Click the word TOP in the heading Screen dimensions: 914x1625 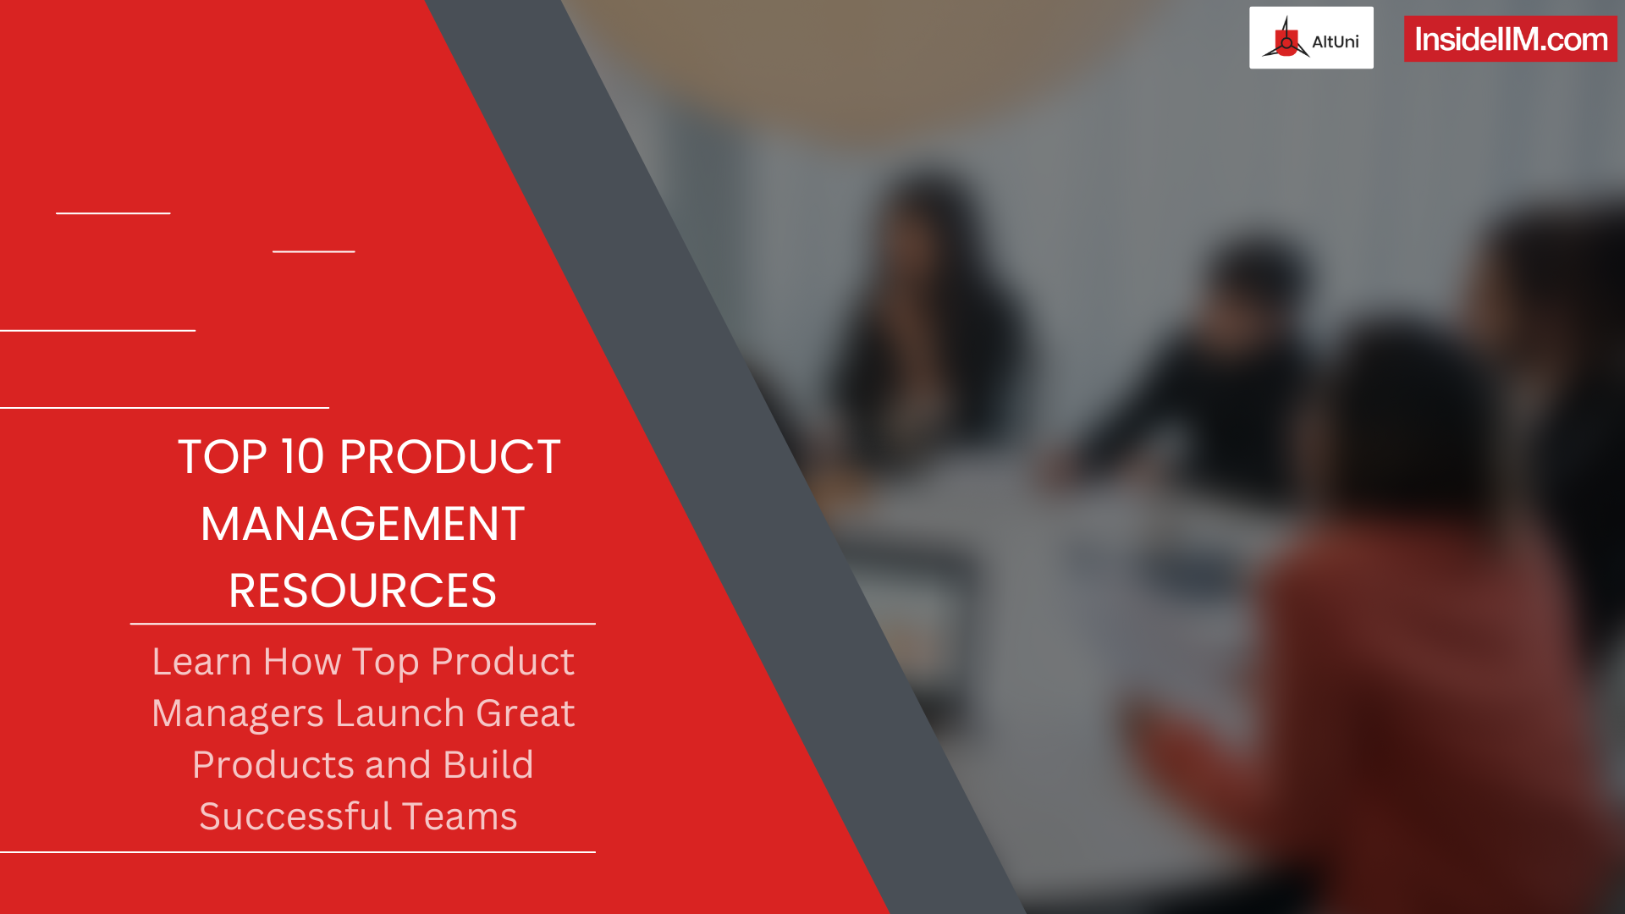[x=222, y=458]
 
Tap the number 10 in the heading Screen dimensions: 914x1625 [x=302, y=458]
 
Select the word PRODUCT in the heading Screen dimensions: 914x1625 [x=449, y=458]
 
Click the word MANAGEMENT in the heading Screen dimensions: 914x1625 [x=362, y=524]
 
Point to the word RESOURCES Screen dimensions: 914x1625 [x=362, y=591]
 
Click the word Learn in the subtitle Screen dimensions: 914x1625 [x=201, y=662]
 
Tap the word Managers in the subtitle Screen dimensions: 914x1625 [x=237, y=713]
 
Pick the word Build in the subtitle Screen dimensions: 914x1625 [x=487, y=765]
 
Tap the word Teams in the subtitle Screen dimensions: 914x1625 [x=459, y=817]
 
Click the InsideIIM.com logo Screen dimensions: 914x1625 [x=1510, y=39]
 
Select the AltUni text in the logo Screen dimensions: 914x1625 [x=1335, y=41]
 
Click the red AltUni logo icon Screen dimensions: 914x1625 [x=1286, y=39]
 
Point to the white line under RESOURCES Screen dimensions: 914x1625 [x=362, y=624]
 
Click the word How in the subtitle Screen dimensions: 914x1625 [x=301, y=662]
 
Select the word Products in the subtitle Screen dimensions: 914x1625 [x=273, y=765]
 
